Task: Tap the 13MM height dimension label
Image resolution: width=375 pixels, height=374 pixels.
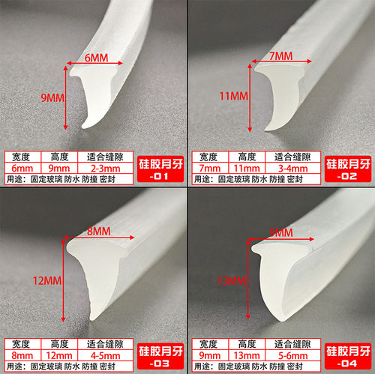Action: click(232, 280)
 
